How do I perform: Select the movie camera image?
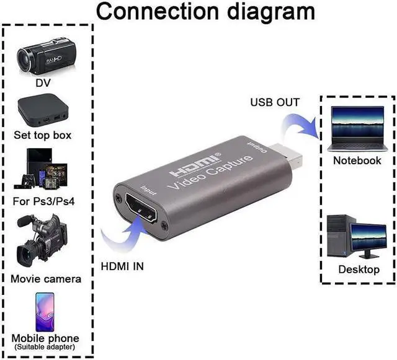pyautogui.click(x=42, y=239)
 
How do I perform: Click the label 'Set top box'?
pyautogui.click(x=43, y=134)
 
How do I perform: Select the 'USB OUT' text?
pyautogui.click(x=274, y=102)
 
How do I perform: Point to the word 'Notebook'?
pyautogui.click(x=357, y=160)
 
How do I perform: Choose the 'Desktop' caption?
pyautogui.click(x=359, y=270)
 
